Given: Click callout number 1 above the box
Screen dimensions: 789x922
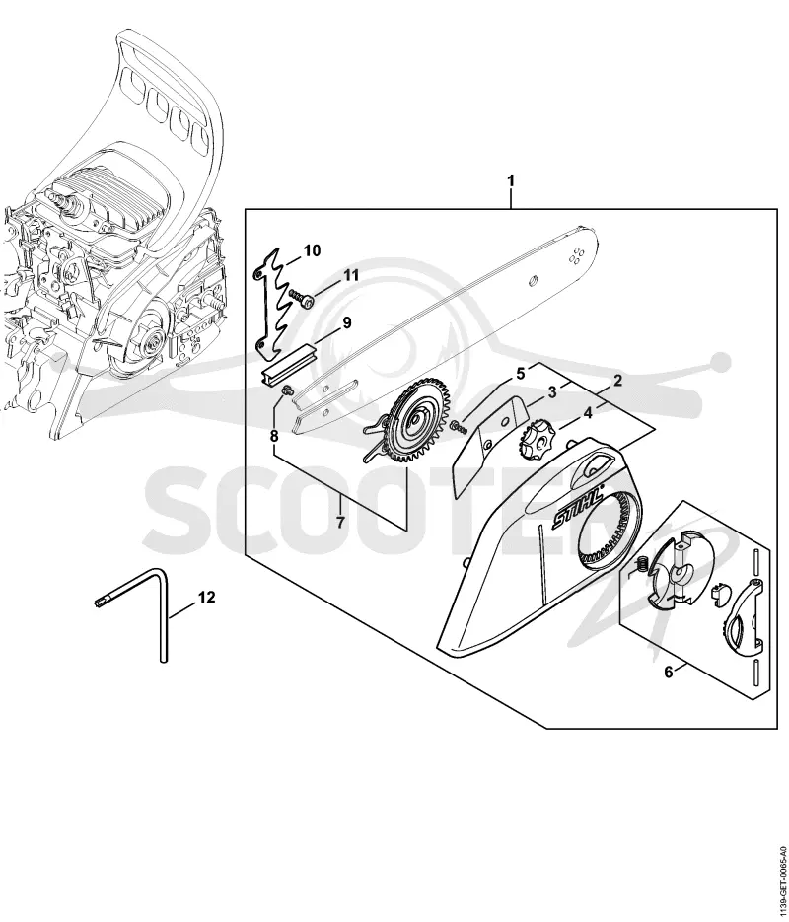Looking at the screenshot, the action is (511, 180).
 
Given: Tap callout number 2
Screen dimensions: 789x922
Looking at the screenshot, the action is (618, 381).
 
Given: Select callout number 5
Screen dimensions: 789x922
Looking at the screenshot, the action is (520, 373).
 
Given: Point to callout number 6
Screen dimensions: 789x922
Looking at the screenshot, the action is (668, 671).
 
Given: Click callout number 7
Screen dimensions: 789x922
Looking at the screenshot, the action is (340, 521).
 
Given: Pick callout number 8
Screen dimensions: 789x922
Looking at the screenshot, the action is (274, 436).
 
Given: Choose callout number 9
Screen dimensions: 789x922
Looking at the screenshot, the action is (346, 322).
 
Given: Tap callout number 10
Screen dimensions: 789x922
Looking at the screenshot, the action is (313, 251).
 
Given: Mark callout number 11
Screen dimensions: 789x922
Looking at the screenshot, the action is (351, 275).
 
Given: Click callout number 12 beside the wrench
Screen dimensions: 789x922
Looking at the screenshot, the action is (207, 598).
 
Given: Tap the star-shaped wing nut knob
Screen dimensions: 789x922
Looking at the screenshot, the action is (534, 437).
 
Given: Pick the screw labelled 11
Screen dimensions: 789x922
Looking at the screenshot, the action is (302, 297).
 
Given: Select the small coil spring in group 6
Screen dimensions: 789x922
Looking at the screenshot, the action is (644, 563).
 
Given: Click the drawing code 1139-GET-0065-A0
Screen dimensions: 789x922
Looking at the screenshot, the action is (781, 877).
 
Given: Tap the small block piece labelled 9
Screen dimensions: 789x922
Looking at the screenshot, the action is (289, 368).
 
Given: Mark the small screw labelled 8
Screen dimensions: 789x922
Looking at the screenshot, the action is (288, 390).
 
